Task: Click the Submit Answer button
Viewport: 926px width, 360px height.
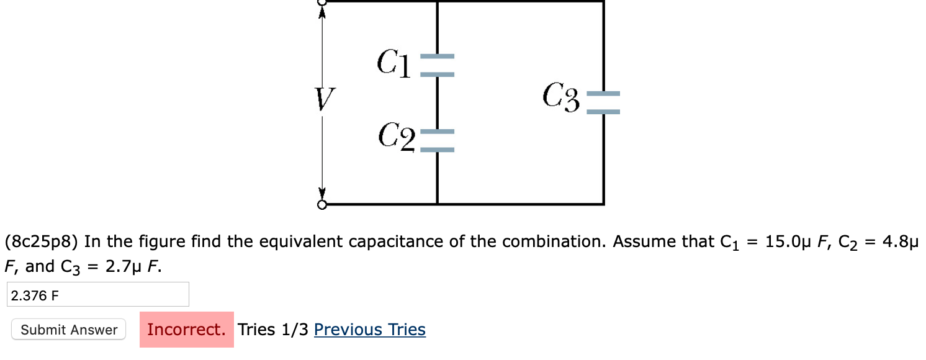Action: point(69,330)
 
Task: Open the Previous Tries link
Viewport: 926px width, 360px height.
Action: point(370,330)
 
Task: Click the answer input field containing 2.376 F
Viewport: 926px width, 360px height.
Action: point(97,295)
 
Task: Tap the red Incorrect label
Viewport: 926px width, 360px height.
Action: point(186,330)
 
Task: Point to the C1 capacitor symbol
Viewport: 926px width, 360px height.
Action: point(438,65)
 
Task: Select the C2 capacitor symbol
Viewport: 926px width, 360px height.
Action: point(438,141)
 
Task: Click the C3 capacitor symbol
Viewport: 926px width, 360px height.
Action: point(603,103)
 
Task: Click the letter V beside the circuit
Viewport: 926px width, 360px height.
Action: point(323,100)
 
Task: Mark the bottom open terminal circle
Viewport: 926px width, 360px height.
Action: point(321,205)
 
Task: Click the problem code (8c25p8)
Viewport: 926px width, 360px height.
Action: point(42,241)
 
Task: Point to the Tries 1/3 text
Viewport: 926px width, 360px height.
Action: point(273,330)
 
